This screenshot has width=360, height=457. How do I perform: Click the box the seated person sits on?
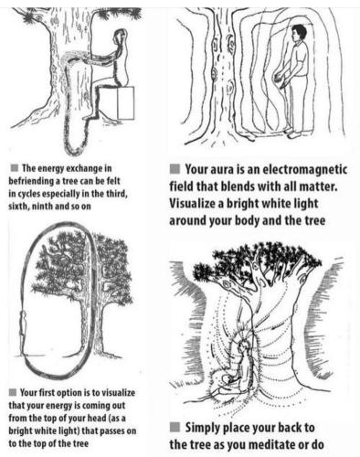pos(117,103)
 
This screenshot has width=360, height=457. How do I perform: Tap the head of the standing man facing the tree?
pos(299,33)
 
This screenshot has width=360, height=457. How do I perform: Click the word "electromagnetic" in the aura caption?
pos(304,170)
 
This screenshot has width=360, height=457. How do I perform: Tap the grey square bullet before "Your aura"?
pos(175,169)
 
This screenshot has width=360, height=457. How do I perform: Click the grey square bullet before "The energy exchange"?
pos(15,167)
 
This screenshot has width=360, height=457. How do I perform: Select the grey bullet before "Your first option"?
pos(13,392)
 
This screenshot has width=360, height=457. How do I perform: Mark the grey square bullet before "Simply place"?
pos(175,427)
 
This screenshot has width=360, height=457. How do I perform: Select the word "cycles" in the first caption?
pos(27,194)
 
